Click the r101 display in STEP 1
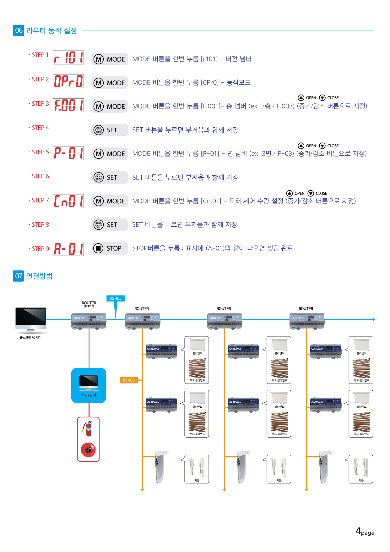(68, 58)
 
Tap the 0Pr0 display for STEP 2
(68, 81)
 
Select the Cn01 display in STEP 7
(68, 201)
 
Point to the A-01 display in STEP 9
(68, 249)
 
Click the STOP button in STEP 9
(110, 248)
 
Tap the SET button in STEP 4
(110, 130)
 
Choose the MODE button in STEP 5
(110, 154)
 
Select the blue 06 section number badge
(19, 30)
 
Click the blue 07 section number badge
(19, 276)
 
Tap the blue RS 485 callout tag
(116, 298)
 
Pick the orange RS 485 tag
(129, 380)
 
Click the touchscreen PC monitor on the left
(31, 319)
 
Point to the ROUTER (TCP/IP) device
(89, 321)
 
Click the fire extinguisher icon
(88, 428)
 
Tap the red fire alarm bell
(88, 450)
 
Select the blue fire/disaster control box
(89, 385)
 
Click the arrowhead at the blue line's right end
(374, 320)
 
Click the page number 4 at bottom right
(358, 531)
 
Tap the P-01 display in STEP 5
(68, 153)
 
